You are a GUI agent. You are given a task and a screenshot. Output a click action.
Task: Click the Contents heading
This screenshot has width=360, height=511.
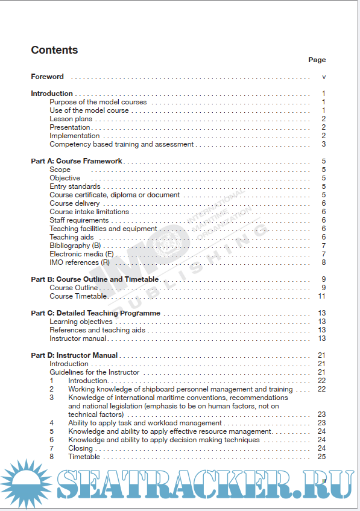[54, 50]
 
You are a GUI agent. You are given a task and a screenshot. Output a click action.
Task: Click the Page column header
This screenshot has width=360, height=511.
[317, 60]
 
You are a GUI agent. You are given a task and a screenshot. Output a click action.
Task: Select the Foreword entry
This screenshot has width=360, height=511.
[47, 77]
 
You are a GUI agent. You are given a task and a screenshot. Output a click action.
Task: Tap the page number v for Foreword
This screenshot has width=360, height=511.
[324, 77]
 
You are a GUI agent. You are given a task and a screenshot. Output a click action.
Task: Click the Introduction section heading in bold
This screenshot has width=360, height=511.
[52, 94]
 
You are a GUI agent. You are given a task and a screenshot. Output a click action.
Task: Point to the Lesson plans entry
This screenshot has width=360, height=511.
[71, 119]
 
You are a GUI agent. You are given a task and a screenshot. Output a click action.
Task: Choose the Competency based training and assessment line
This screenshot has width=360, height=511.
[121, 144]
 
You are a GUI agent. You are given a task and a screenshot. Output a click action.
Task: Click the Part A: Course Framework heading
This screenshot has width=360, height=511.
[77, 161]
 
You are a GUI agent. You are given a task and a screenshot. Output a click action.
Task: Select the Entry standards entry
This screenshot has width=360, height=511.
[75, 186]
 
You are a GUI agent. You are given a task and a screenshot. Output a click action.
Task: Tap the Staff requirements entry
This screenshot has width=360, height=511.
[79, 220]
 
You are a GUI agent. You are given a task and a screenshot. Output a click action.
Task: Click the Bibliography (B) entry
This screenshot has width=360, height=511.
[75, 246]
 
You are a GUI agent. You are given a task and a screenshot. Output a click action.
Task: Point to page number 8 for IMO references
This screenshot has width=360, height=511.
[324, 262]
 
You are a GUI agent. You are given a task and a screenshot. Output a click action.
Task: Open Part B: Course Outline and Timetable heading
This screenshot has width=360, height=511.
[95, 279]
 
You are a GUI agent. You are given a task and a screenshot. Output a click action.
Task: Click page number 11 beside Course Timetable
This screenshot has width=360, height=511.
[322, 296]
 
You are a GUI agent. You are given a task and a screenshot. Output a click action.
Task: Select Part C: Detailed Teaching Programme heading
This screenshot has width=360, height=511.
[95, 313]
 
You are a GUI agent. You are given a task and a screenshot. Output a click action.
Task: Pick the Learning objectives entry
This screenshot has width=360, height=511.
[81, 322]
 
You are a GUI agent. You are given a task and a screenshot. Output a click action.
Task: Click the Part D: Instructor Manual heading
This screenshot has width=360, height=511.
[74, 355]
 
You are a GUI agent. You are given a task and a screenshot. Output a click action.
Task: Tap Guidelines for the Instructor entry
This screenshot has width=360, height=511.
[94, 372]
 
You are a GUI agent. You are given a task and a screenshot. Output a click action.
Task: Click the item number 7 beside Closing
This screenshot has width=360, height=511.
[52, 448]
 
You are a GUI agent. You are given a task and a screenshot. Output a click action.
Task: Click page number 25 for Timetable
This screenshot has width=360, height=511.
[322, 457]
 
